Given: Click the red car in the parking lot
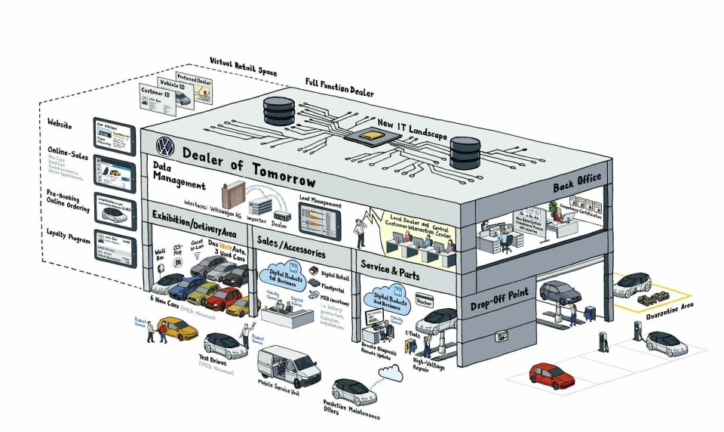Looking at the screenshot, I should tap(552, 374).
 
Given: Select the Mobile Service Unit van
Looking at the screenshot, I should tap(288, 366).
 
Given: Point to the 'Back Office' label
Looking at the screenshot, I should tap(577, 178).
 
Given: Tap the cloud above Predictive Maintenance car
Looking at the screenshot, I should tap(391, 371).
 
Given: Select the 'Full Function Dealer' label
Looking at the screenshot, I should tap(339, 86).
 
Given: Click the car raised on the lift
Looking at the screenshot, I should tap(558, 292).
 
